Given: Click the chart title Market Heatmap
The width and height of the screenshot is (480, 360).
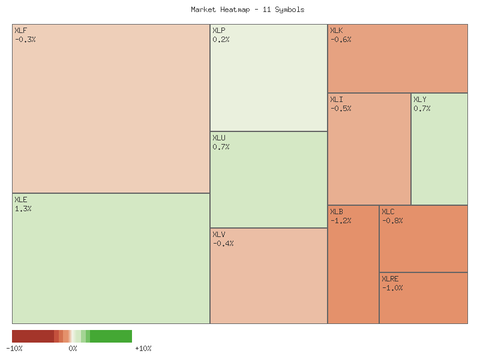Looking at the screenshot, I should click(x=247, y=10).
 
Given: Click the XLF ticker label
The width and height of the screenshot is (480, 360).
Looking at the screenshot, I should click(x=21, y=31).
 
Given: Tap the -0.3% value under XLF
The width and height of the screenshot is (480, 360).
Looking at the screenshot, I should click(x=25, y=40).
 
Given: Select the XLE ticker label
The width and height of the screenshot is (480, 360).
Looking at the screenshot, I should click(x=21, y=200).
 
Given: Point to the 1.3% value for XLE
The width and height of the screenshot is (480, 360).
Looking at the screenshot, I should click(x=23, y=209).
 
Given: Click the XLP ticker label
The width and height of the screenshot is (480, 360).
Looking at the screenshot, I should click(x=219, y=31).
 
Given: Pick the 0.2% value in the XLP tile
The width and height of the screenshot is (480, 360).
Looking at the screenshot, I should click(x=221, y=40).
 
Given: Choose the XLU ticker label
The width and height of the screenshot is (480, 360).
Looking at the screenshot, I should click(x=219, y=138).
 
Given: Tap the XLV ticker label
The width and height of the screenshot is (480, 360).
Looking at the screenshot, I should click(x=219, y=234).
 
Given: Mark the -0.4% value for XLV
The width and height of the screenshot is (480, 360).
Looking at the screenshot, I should click(x=223, y=243).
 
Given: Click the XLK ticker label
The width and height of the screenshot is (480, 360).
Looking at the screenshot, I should click(x=337, y=31).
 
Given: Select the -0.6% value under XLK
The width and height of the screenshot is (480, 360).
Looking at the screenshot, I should click(x=341, y=40).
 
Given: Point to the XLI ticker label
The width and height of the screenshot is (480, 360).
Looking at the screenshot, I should click(x=337, y=100).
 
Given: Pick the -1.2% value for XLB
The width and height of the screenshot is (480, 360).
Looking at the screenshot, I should click(x=341, y=221).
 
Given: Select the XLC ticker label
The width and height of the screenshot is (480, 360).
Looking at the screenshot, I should click(x=388, y=212).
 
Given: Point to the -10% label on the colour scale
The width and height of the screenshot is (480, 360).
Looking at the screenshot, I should click(x=14, y=349).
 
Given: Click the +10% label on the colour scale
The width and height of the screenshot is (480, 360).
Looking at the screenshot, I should click(x=143, y=349).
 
